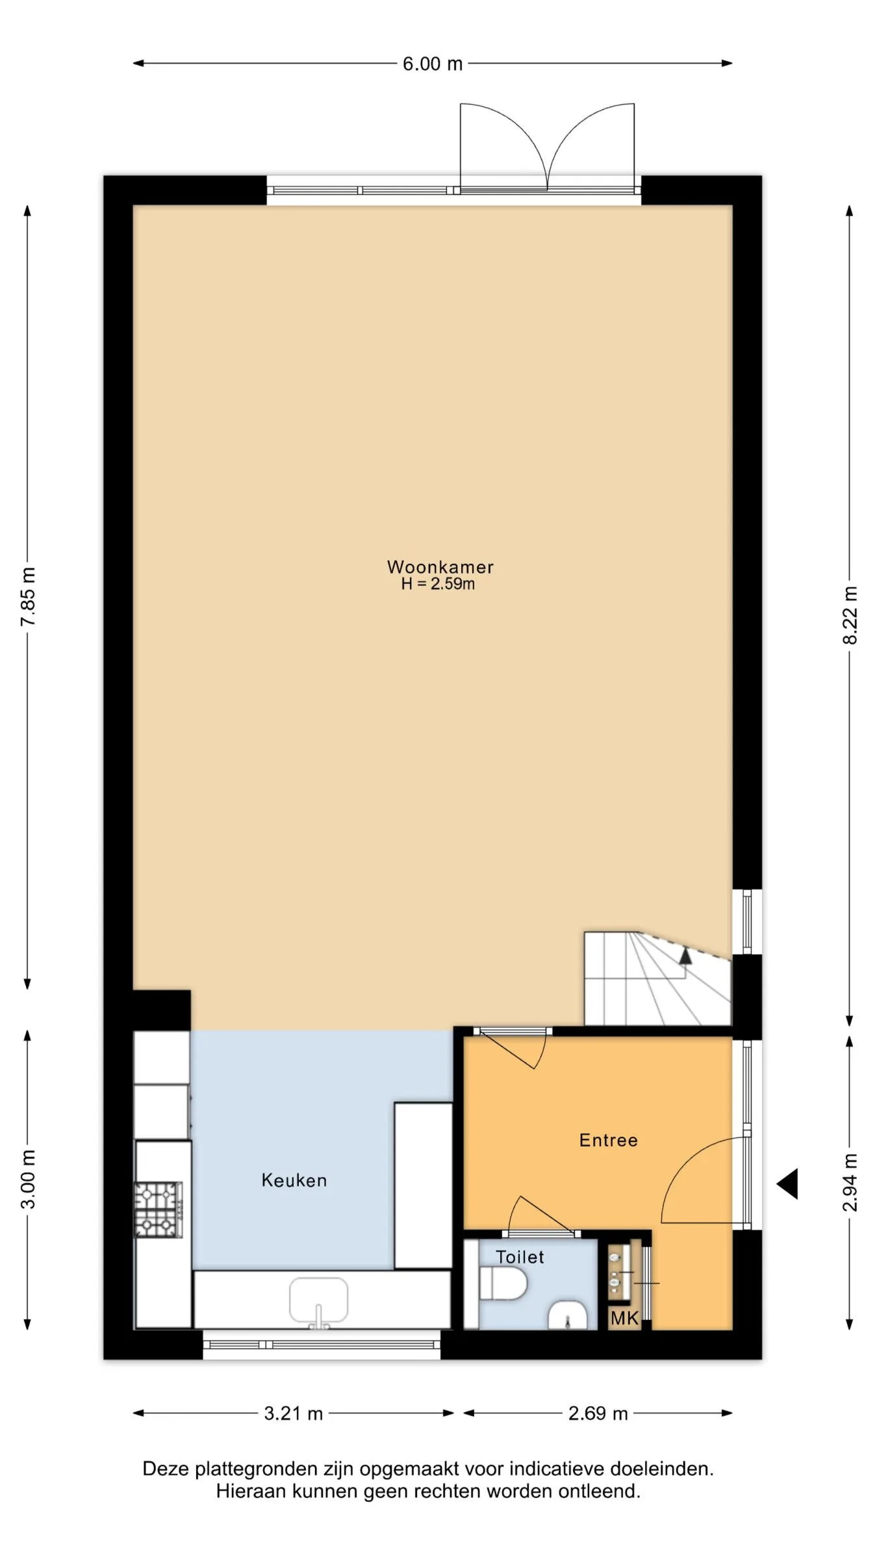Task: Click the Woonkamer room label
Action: tap(440, 566)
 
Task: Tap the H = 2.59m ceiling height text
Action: tap(438, 583)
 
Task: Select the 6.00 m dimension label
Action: tap(433, 64)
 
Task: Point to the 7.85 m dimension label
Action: tap(28, 596)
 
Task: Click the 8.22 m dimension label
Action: tap(850, 615)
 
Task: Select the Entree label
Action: tap(609, 1140)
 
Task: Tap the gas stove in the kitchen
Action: tap(159, 1209)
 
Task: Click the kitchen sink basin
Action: tap(318, 1301)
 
